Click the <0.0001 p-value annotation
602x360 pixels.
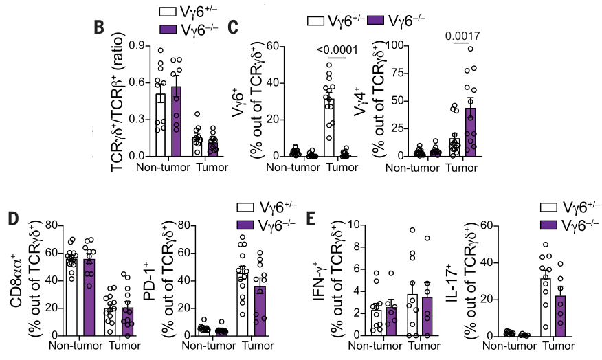(x=339, y=49)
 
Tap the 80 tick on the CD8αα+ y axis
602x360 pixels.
(x=52, y=225)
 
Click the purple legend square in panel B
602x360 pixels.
(x=166, y=30)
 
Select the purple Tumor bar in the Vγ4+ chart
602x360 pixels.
(x=471, y=131)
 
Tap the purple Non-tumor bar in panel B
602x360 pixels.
(x=176, y=121)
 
